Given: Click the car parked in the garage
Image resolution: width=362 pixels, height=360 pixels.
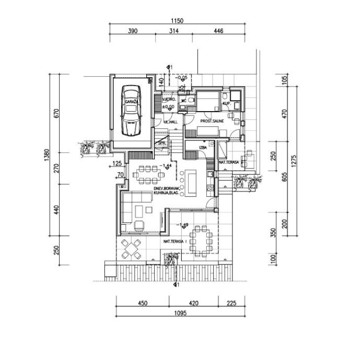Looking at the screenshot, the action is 130,110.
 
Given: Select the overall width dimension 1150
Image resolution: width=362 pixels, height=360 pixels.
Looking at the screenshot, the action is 177,21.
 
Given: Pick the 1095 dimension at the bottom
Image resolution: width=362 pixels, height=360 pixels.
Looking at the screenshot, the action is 178,313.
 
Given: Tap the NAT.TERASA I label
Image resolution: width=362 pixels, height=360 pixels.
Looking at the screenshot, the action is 175,242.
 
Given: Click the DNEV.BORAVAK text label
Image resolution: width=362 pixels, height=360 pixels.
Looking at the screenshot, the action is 167,188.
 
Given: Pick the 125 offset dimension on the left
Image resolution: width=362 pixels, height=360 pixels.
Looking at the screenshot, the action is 116,163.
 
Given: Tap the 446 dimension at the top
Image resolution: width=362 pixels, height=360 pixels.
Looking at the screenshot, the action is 218,31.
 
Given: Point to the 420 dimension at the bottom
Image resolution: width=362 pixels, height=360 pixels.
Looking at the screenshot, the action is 193,303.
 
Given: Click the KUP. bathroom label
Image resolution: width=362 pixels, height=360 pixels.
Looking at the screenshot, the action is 227,104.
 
